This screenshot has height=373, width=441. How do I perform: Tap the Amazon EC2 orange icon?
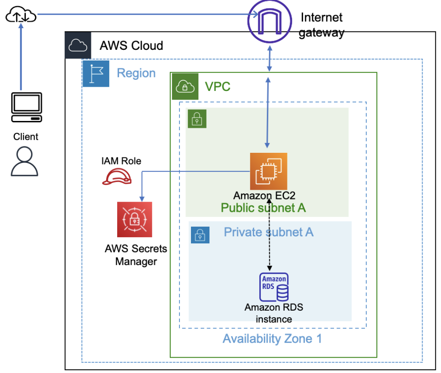268,171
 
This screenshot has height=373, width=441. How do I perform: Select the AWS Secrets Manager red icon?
134,219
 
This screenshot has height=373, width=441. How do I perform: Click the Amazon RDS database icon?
274,287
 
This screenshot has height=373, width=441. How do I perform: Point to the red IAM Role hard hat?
116,177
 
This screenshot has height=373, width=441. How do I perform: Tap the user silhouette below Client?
25,161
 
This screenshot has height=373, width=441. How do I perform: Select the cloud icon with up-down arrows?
20,16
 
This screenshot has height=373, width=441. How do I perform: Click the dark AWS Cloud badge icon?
78,45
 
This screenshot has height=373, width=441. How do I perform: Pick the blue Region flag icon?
96,73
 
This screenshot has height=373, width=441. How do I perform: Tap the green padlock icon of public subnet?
197,119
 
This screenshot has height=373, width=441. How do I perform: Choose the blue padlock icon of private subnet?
200,235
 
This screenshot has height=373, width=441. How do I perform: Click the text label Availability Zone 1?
272,339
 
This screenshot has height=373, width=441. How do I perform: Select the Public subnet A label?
263,208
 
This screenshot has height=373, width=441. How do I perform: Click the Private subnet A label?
268,232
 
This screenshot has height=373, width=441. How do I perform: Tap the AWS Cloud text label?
131,46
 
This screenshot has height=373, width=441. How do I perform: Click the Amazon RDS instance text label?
274,313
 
